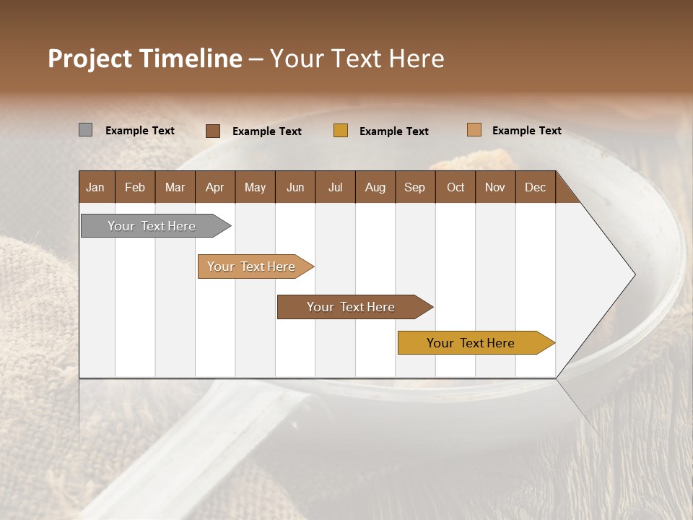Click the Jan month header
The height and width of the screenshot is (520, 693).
(x=96, y=187)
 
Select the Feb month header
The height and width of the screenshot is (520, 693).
(x=135, y=187)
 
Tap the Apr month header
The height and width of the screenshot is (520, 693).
(x=215, y=187)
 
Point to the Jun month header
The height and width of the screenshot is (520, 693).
(x=295, y=187)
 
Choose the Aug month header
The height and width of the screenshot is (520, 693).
(x=375, y=187)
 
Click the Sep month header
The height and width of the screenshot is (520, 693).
(x=415, y=187)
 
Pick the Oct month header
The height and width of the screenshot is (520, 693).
(x=456, y=187)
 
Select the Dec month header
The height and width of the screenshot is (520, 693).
(x=536, y=187)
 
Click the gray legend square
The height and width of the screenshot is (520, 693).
(x=86, y=130)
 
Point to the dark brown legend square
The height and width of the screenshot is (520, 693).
(x=213, y=131)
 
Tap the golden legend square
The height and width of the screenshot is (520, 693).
(x=341, y=131)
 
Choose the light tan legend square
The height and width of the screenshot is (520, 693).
(x=474, y=130)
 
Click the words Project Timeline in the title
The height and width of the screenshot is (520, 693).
(x=145, y=58)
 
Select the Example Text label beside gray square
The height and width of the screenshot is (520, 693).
(x=140, y=131)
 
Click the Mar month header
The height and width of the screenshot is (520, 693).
(x=175, y=187)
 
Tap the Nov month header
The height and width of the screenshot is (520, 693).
(x=495, y=187)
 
